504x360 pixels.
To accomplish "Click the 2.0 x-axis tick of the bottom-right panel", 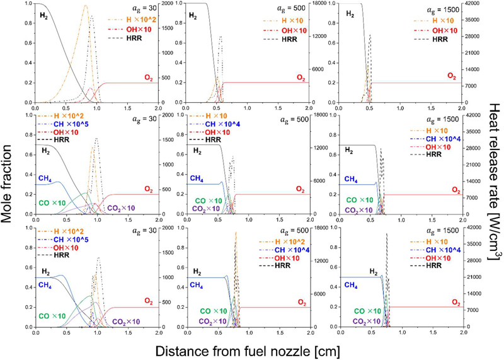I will coord(463,334).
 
